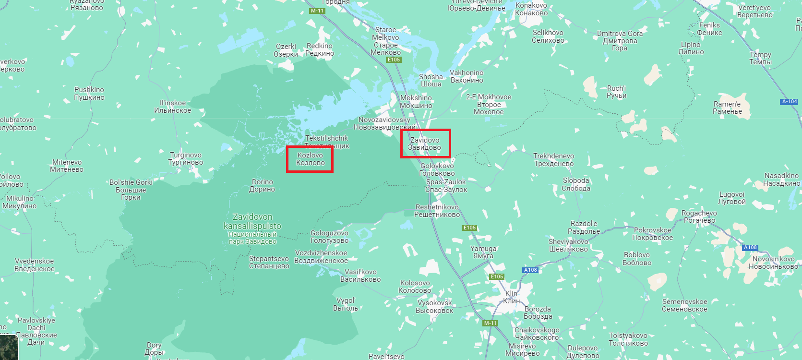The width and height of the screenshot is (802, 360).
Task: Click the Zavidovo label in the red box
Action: [425, 144]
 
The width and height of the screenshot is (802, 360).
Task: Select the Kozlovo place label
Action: [310, 159]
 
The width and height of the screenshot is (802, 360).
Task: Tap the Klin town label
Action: [512, 297]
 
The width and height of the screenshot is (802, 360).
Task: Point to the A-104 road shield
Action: [790, 102]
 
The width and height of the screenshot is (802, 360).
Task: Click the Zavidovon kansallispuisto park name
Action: [252, 221]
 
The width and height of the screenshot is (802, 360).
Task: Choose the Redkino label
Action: [320, 49]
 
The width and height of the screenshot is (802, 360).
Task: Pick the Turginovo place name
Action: [186, 158]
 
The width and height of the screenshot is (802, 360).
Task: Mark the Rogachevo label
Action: [699, 216]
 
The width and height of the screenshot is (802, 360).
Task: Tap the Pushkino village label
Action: [89, 94]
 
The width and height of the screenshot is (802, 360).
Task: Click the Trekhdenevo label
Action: [554, 160]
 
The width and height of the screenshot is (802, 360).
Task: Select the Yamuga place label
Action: [483, 252]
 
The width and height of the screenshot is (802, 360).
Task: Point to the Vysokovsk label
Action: [434, 306]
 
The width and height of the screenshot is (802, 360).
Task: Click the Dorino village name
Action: [262, 185]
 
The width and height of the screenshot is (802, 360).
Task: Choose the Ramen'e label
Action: [727, 108]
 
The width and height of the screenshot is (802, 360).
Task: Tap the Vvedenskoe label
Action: [35, 265]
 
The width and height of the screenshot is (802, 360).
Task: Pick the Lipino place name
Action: [691, 48]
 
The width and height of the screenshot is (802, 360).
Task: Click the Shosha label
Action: [431, 80]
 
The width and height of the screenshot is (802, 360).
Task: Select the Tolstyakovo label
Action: [628, 339]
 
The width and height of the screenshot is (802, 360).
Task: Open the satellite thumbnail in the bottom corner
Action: [9, 348]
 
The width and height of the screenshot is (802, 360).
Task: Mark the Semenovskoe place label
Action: [684, 305]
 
